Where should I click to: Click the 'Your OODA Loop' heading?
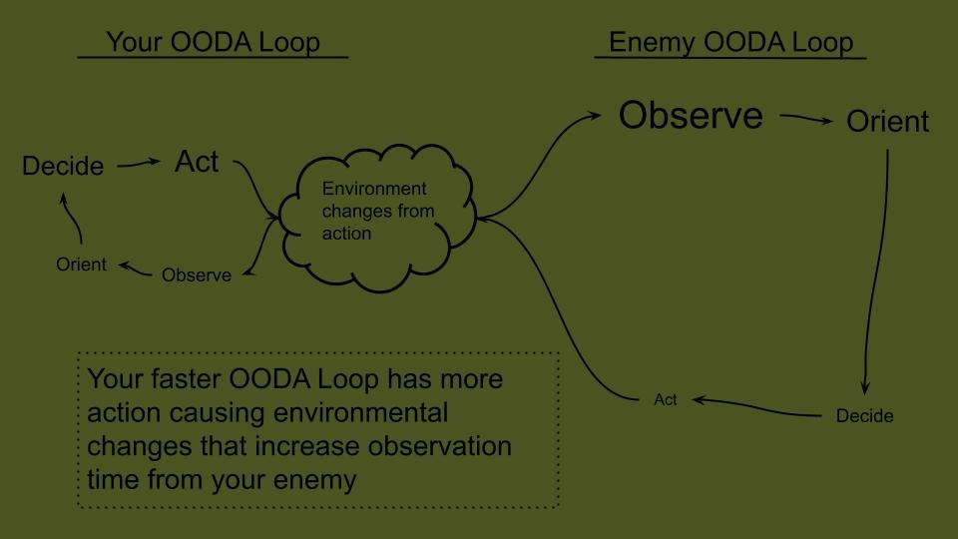click(213, 42)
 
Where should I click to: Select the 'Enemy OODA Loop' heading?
click(730, 42)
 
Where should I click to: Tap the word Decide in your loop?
click(63, 167)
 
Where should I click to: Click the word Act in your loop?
click(197, 162)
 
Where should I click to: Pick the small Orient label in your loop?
click(81, 266)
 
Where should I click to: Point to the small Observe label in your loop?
click(197, 274)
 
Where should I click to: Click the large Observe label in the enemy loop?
click(691, 116)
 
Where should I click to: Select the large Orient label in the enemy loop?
click(887, 122)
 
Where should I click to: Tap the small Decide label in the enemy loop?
click(864, 415)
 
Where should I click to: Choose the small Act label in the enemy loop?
click(666, 399)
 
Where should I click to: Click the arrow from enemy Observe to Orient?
click(806, 119)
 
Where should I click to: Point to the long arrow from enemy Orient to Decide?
click(878, 269)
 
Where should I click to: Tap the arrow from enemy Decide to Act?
click(758, 405)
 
